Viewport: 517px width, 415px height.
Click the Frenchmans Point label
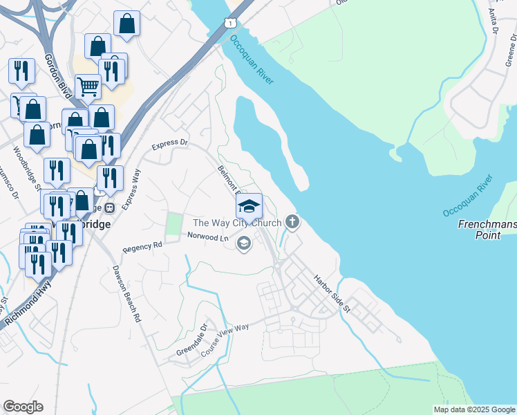487,230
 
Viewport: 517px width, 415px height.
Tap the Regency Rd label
142,246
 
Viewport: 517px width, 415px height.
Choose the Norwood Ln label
207,237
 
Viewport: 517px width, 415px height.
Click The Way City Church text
236,223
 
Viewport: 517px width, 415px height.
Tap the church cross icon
292,222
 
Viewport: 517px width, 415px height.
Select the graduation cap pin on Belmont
249,206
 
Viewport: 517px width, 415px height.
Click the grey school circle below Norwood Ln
243,243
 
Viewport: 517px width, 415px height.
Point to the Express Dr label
169,144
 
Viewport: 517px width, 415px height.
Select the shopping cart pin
88,86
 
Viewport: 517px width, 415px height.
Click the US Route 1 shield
228,23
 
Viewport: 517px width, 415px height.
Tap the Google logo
23,407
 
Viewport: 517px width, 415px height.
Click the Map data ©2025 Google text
473,409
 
